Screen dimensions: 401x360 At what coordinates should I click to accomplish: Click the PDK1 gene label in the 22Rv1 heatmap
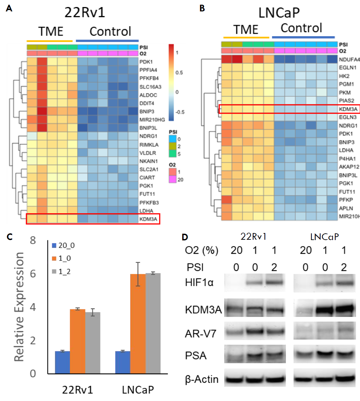[146, 62]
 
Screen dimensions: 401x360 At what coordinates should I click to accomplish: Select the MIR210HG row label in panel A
[152, 120]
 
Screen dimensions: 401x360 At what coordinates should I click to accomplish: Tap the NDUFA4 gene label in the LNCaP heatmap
[349, 59]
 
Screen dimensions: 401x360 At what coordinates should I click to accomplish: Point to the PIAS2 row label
[346, 101]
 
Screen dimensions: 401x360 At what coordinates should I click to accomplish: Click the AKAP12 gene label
[349, 167]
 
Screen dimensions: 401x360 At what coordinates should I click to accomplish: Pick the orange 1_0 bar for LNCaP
[138, 323]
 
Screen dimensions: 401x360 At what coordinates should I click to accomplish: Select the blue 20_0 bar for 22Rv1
[62, 362]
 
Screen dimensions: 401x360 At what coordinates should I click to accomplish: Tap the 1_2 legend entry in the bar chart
[62, 272]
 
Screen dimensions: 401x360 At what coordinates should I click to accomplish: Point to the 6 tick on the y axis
[33, 274]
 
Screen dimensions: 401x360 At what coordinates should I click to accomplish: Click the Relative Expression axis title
[19, 307]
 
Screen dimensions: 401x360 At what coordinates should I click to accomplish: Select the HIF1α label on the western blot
[199, 283]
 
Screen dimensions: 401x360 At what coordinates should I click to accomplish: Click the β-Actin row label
[202, 379]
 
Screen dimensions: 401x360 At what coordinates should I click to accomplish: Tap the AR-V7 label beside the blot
[201, 334]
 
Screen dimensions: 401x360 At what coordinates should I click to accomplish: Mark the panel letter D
[185, 237]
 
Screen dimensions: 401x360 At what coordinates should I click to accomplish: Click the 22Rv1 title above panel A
[85, 12]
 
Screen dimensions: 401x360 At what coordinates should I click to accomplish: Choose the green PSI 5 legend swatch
[172, 154]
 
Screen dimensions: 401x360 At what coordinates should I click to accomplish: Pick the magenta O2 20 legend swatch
[172, 179]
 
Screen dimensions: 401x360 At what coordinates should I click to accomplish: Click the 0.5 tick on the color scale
[179, 72]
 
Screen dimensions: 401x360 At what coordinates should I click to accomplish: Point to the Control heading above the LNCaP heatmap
[301, 28]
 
